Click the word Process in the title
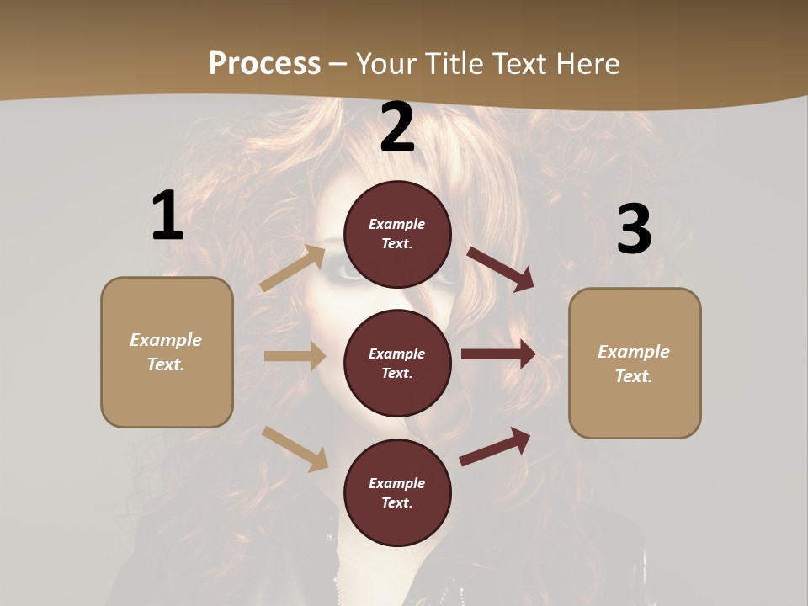click(x=264, y=63)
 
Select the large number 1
click(x=167, y=216)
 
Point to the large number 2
click(x=397, y=128)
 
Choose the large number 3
click(x=634, y=230)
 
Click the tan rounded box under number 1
click(x=167, y=352)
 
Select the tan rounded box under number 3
click(x=635, y=364)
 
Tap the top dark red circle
click(x=397, y=234)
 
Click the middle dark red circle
click(x=397, y=363)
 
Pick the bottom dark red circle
click(x=397, y=492)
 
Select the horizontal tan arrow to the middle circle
click(x=295, y=356)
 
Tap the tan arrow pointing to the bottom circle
click(x=295, y=448)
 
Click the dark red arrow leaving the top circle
click(x=500, y=268)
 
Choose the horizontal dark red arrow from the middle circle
click(x=498, y=354)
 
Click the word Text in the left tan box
click(x=165, y=364)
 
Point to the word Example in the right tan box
click(x=634, y=352)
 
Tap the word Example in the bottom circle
click(x=397, y=483)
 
